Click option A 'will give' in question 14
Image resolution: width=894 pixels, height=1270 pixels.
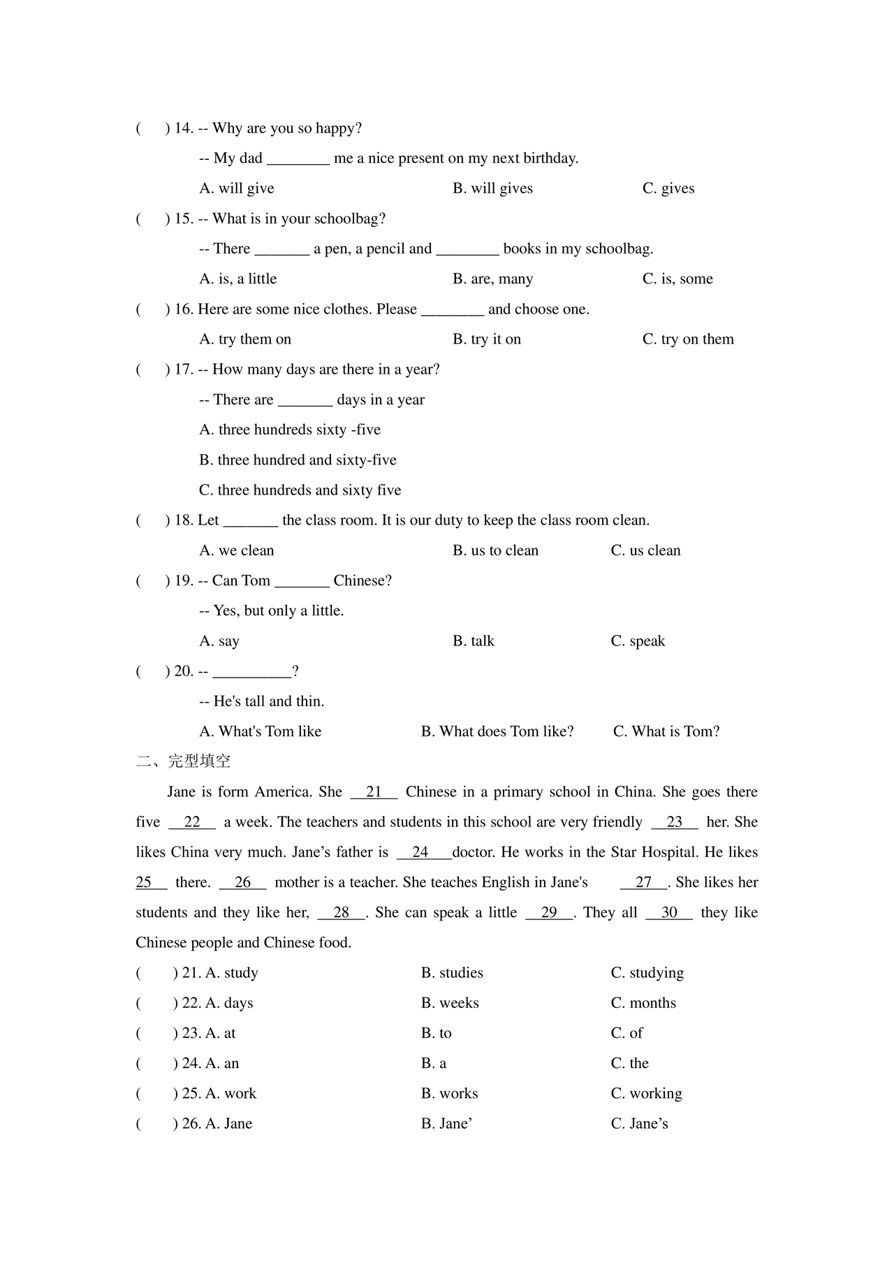237,189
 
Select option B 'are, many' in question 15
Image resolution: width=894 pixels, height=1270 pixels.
492,279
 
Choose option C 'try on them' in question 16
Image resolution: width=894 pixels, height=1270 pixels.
688,340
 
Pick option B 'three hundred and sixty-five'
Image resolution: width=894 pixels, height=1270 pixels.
298,460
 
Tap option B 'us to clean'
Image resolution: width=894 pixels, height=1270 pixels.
495,550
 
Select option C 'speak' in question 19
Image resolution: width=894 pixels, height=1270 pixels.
638,641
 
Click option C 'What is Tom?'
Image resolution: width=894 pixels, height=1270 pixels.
666,731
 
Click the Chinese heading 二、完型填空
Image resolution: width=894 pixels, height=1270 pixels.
183,761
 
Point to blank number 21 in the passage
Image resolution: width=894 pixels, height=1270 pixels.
374,792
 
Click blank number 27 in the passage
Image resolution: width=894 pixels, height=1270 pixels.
643,882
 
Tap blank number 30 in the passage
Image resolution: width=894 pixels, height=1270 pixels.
669,912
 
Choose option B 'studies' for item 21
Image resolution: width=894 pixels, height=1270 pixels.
452,973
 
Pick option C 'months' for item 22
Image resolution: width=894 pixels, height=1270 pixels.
643,1003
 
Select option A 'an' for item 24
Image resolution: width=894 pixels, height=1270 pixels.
222,1063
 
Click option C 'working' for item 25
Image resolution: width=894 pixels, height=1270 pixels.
646,1093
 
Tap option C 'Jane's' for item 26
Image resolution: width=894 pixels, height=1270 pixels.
639,1123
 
